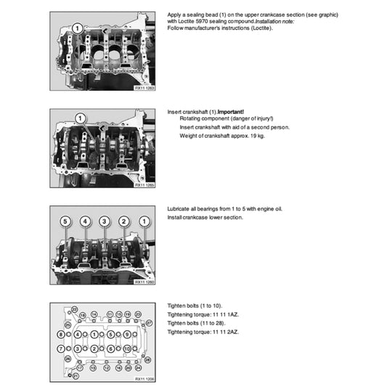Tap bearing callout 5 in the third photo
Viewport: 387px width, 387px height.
coord(65,220)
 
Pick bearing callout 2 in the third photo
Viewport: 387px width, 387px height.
coord(124,220)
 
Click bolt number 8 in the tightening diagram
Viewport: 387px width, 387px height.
coord(60,334)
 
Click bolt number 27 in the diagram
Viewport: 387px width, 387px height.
coord(149,322)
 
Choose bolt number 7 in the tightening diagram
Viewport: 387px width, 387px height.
coord(60,349)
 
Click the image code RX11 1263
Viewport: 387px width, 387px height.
coord(145,88)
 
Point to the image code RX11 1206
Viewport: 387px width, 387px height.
coord(145,379)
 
